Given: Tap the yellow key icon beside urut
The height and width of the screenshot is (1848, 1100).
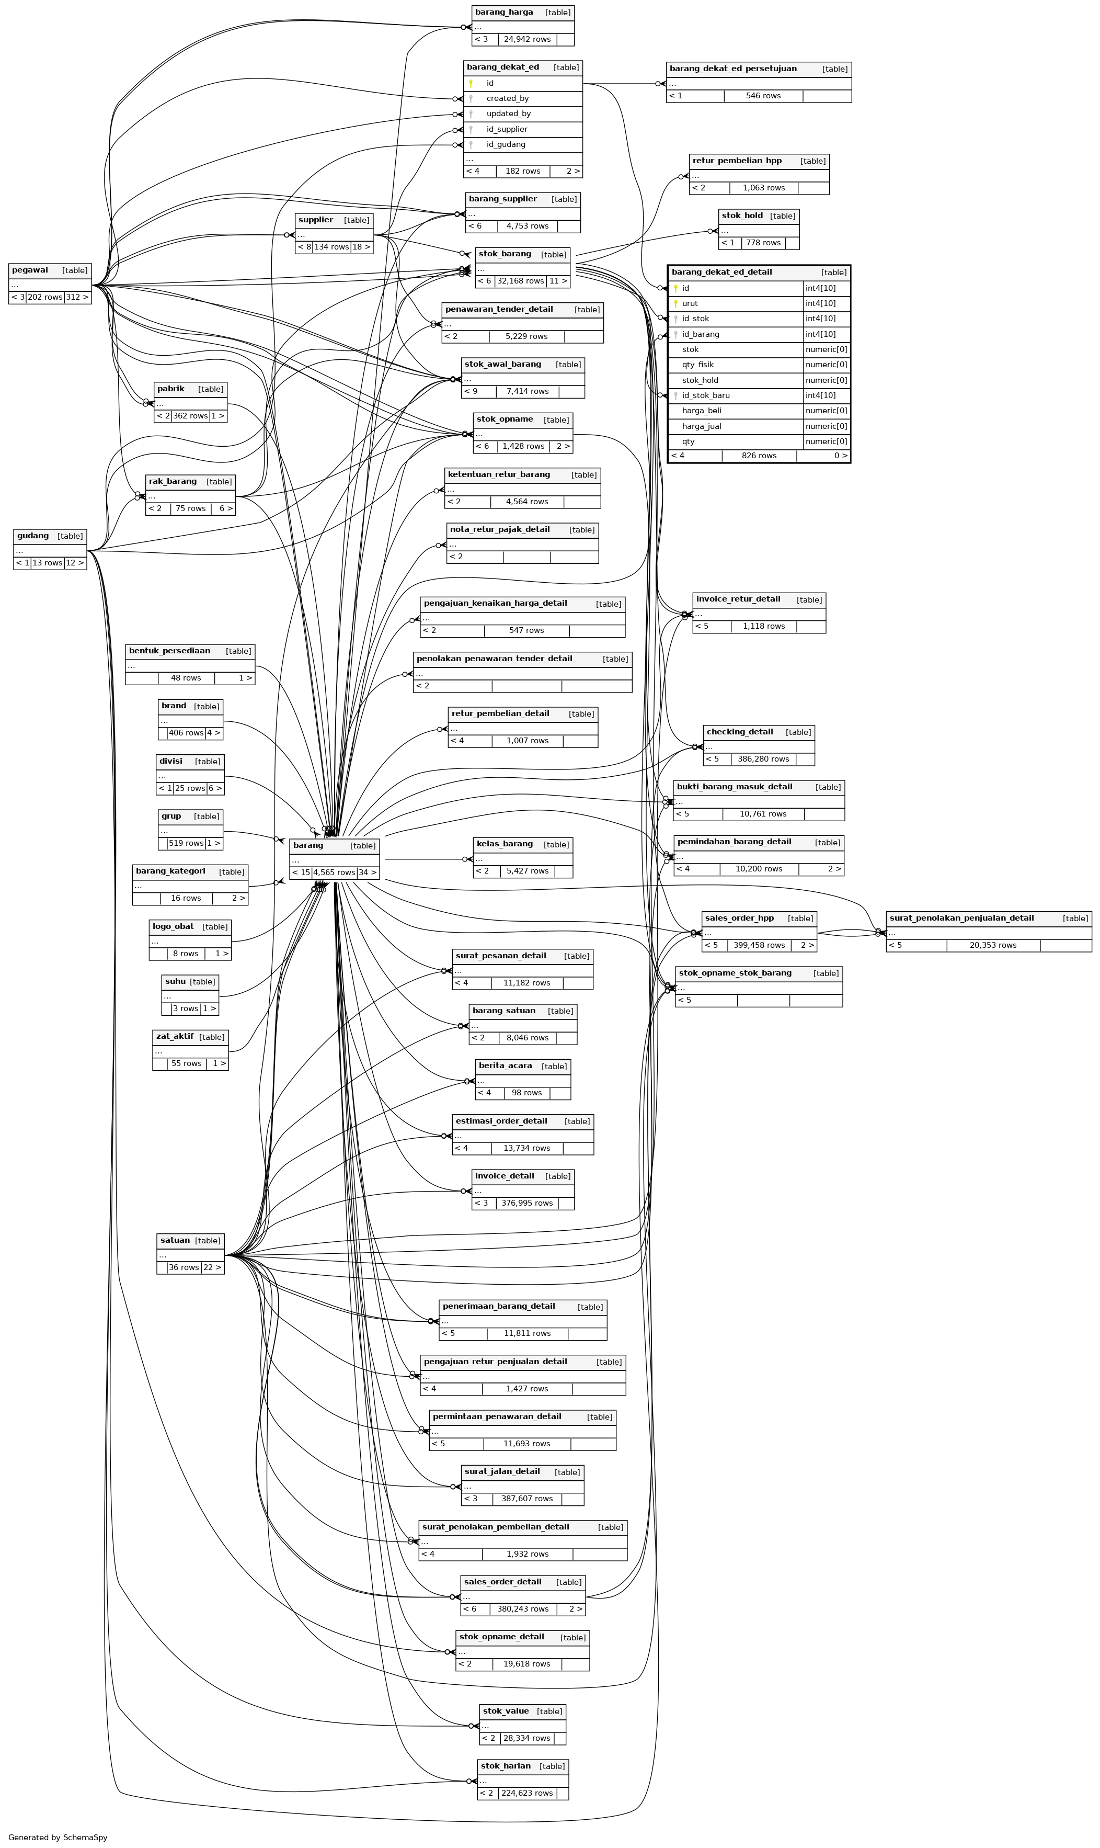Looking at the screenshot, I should coord(675,303).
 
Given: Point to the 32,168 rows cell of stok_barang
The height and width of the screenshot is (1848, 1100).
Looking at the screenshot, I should coord(520,281).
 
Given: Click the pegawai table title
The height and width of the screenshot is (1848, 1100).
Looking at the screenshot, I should coord(30,270).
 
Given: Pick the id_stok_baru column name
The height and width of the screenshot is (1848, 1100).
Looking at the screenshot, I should coord(706,395).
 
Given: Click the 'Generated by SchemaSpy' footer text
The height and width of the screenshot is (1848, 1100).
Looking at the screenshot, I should coord(58,1837).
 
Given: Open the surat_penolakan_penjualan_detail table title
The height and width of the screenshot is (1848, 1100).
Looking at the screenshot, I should coord(961,918).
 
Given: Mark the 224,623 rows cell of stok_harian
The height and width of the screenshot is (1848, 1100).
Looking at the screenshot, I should coord(527,1793).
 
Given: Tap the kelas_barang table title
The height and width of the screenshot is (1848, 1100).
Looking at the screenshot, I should coord(505,844).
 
